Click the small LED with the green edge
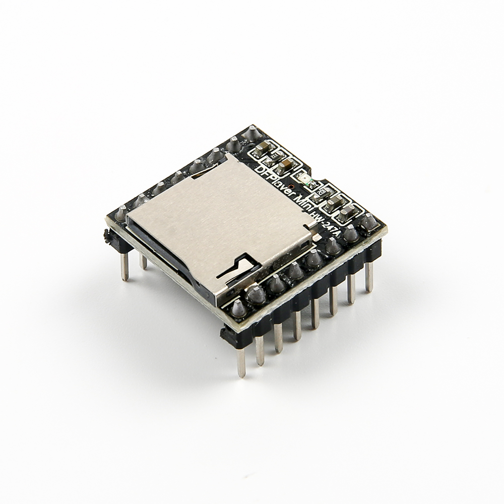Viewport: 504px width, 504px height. click(308, 184)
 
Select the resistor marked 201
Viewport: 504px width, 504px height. click(275, 156)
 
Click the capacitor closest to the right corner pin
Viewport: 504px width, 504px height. click(345, 215)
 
